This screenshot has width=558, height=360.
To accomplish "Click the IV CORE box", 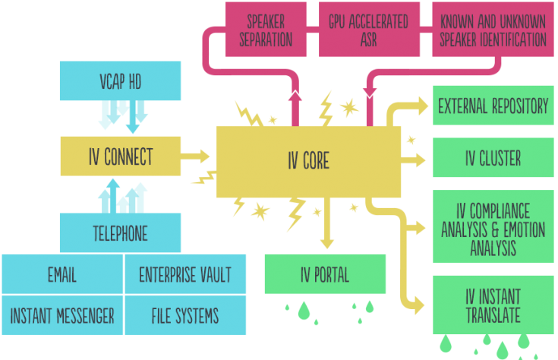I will pyautogui.click(x=308, y=160).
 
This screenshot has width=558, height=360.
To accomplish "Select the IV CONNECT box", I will pyautogui.click(x=120, y=156).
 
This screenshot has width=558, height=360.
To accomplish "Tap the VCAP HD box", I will pyautogui.click(x=120, y=81).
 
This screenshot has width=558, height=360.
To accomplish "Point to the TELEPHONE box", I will pyautogui.click(x=120, y=232).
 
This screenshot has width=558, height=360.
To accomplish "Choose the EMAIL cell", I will pyautogui.click(x=62, y=273).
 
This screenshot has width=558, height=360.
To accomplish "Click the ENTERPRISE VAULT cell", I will pyautogui.click(x=185, y=273).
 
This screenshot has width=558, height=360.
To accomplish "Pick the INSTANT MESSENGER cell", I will pyautogui.click(x=62, y=314).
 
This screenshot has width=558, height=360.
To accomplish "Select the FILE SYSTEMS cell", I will pyautogui.click(x=185, y=314).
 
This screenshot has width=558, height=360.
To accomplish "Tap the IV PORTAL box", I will pyautogui.click(x=325, y=273).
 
